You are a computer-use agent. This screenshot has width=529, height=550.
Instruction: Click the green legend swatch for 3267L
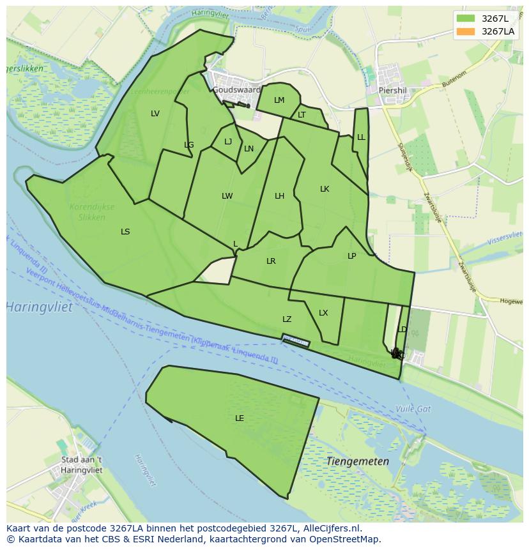(466, 18)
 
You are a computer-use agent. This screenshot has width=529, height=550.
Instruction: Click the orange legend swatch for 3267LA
(466, 31)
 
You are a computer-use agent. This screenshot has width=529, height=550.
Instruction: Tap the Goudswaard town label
(236, 90)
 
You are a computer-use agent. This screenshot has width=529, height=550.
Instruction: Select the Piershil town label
(393, 91)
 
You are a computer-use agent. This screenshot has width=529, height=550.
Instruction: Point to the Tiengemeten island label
(357, 461)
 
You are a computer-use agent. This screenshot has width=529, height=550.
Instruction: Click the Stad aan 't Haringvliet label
(81, 464)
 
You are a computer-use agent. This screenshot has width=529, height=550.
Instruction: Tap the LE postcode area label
(240, 418)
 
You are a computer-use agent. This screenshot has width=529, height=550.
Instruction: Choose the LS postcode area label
(125, 232)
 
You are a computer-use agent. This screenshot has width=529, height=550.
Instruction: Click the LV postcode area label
(155, 114)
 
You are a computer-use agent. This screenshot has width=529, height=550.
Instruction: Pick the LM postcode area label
(279, 100)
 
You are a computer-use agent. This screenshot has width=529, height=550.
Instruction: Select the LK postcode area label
(325, 189)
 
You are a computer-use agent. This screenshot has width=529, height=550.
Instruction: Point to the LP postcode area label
(351, 256)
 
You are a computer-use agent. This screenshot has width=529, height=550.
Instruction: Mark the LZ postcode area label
(287, 319)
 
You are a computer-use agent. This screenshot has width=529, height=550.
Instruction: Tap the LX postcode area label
(323, 313)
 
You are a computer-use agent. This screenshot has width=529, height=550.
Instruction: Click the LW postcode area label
(227, 196)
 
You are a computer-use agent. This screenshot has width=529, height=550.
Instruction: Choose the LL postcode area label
(361, 137)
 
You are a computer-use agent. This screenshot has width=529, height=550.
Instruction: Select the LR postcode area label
(271, 261)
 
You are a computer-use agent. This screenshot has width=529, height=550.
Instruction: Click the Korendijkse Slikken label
(92, 212)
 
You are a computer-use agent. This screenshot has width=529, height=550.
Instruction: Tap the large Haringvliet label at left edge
(40, 307)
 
